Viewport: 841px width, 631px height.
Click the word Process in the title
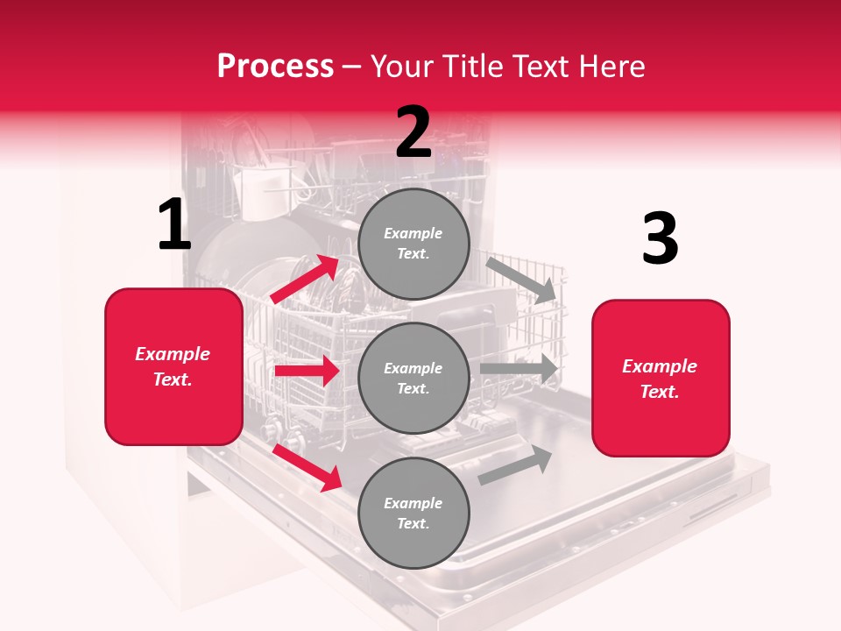pos(275,66)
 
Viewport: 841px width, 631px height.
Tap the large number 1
pos(174,225)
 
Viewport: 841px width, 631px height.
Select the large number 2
pos(413,132)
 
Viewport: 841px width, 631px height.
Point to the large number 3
pos(661,239)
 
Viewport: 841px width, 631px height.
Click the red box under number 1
pos(173,366)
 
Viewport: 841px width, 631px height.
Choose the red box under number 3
pos(661,378)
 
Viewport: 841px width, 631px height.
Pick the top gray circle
pos(413,244)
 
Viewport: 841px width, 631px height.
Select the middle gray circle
pos(413,378)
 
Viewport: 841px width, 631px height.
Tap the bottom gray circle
pos(413,513)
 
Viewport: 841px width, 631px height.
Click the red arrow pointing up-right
pos(306,279)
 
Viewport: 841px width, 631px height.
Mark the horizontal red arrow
pos(307,371)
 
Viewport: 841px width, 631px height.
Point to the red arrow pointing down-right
pos(307,467)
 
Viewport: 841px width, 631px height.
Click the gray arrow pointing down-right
pos(521,280)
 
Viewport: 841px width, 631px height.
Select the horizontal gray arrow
pos(519,369)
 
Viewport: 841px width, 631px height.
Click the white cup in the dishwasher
pos(259,194)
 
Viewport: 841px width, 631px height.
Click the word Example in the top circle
pos(413,233)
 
